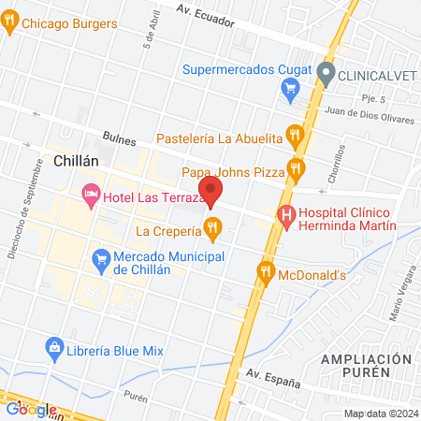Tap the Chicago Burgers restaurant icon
pos(10,25)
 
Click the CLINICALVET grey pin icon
pos(326,72)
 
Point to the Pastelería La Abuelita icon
pos(296,137)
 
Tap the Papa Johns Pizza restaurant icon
pos(297,169)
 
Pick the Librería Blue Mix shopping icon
pos(54,349)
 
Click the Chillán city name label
pos(77,161)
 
